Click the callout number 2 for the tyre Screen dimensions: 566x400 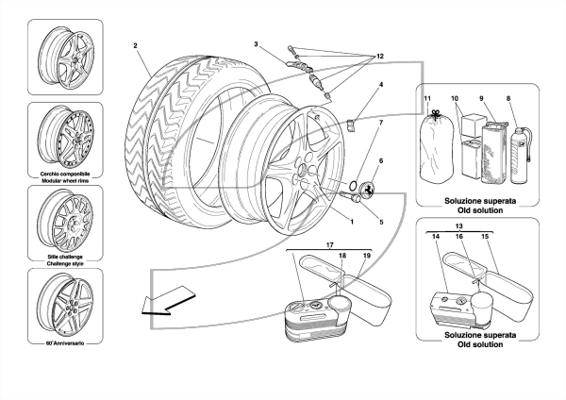click(x=135, y=45)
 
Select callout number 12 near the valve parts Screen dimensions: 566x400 click(x=380, y=56)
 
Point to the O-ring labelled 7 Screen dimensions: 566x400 click(x=353, y=185)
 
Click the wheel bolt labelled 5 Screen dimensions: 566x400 click(x=349, y=196)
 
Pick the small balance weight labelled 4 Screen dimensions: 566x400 click(x=351, y=125)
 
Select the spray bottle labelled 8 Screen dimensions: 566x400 click(x=521, y=156)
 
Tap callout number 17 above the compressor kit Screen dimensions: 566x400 click(x=330, y=245)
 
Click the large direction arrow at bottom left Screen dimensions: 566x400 click(x=168, y=301)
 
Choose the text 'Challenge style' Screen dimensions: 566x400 click(x=65, y=263)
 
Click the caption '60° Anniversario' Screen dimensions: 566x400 click(x=65, y=343)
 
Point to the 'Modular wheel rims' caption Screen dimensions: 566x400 click(x=65, y=180)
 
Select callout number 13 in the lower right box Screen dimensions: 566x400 click(x=458, y=226)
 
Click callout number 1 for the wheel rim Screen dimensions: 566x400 click(x=352, y=222)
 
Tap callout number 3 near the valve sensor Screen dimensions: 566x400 click(x=256, y=44)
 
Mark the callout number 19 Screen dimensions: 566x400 click(x=367, y=256)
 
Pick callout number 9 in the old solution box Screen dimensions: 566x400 click(x=481, y=98)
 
